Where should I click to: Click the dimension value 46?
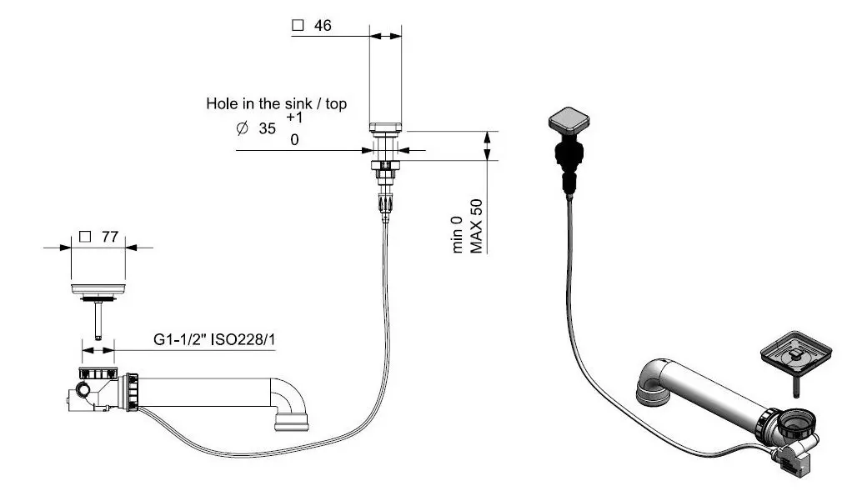(x=323, y=26)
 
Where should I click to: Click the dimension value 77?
(x=108, y=237)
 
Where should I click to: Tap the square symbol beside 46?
(x=297, y=26)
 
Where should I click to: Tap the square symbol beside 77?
(x=84, y=237)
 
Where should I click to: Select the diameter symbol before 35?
(x=242, y=129)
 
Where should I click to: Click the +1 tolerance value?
(x=294, y=118)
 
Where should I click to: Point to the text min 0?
(x=458, y=234)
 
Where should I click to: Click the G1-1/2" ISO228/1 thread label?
(x=215, y=340)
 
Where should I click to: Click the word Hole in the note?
(x=221, y=104)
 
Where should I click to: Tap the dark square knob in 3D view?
(x=566, y=123)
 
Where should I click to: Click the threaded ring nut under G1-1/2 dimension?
(x=98, y=373)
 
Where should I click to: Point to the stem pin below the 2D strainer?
(x=98, y=320)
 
